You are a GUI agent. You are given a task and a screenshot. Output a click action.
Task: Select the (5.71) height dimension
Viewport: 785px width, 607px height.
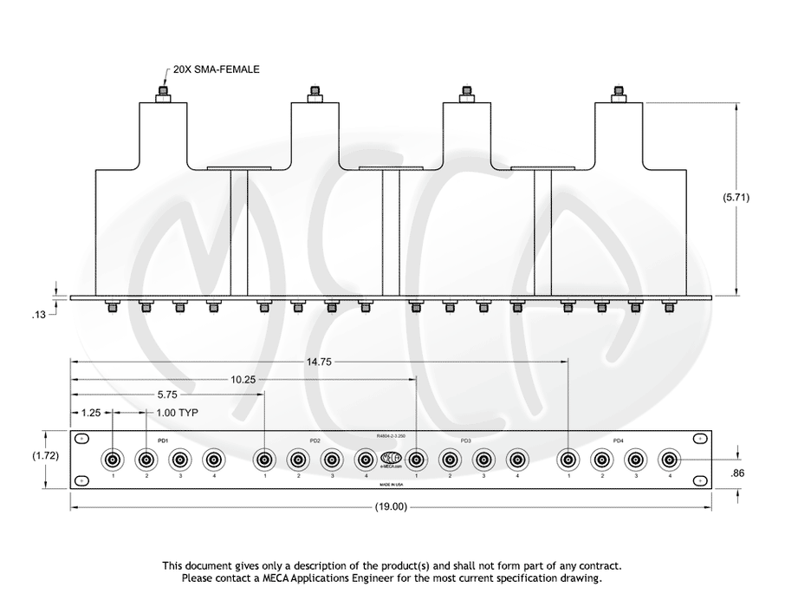(x=736, y=197)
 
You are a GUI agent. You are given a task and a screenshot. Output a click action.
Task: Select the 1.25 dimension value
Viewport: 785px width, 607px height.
(x=90, y=413)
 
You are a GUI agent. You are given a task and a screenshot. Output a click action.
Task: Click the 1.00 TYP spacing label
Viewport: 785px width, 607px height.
(x=178, y=413)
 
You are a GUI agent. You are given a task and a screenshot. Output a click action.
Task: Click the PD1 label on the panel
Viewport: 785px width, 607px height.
(x=162, y=441)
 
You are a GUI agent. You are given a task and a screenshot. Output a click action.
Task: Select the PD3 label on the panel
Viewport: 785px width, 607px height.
(x=466, y=441)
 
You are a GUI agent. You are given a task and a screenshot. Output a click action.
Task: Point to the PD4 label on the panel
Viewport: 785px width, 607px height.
(x=618, y=441)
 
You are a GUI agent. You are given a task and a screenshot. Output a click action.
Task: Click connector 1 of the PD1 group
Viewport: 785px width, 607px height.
(x=114, y=460)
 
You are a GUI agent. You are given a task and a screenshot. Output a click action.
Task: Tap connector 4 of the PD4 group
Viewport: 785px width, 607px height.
(x=669, y=460)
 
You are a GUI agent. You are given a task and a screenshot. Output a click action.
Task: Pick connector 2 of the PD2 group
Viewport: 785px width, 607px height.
(x=298, y=460)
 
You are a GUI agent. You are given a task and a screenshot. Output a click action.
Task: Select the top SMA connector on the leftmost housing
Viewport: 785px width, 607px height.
(x=162, y=95)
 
